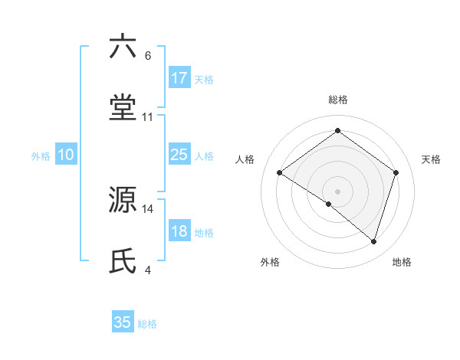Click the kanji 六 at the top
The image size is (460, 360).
123,47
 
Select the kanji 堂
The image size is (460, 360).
123,108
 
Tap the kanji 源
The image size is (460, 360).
123,200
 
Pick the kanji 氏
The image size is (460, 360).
123,261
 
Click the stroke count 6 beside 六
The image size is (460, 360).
147,56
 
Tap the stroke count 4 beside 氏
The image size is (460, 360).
147,270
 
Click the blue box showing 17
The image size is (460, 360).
179,78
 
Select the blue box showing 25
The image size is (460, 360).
179,155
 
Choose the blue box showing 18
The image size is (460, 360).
179,231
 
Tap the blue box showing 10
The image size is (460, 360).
66,155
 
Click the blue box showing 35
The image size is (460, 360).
123,322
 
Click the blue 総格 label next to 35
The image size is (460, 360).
147,324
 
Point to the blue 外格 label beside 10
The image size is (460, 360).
41,156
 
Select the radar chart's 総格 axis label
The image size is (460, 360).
337,100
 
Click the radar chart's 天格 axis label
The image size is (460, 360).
431,159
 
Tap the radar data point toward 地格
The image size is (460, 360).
373,241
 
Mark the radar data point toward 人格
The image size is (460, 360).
280,173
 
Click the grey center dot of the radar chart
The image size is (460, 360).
337,191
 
